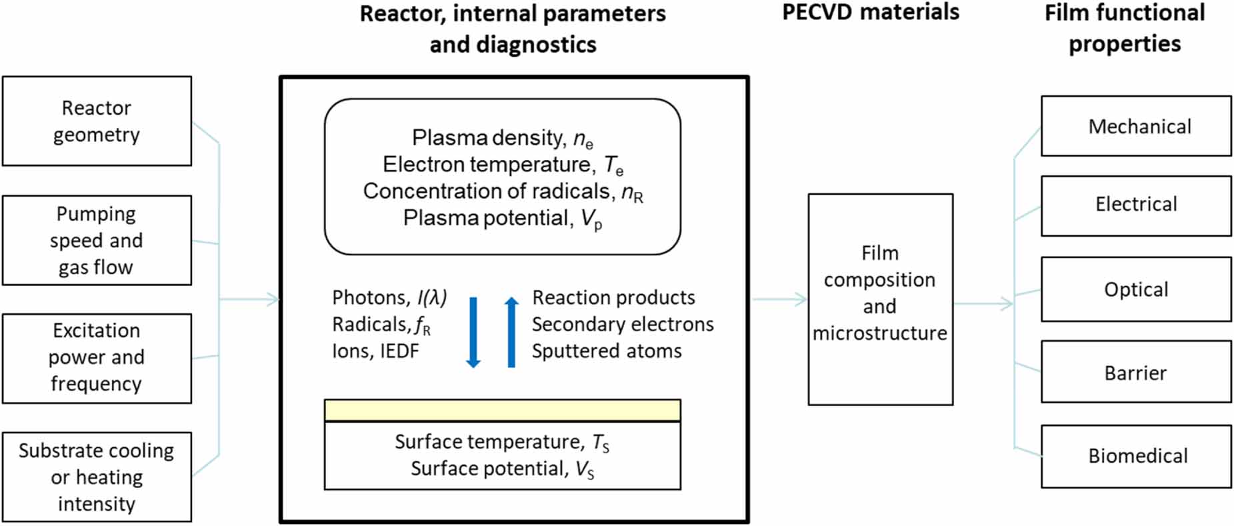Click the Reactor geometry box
click(97, 121)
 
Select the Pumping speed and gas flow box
click(97, 240)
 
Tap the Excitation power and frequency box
click(97, 358)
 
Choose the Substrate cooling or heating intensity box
click(97, 477)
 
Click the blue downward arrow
click(473, 332)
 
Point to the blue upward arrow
click(511, 332)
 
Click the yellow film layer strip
click(502, 410)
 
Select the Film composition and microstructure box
click(880, 299)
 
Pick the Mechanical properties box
click(1136, 126)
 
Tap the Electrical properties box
click(1136, 205)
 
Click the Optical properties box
click(1136, 289)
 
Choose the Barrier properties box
click(1136, 372)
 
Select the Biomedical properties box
click(1136, 456)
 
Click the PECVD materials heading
click(870, 12)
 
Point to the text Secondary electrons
click(623, 325)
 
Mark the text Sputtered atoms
click(607, 351)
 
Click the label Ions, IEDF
click(375, 351)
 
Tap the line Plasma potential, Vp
click(502, 219)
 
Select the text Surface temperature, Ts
click(501, 442)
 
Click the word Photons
click(369, 297)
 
